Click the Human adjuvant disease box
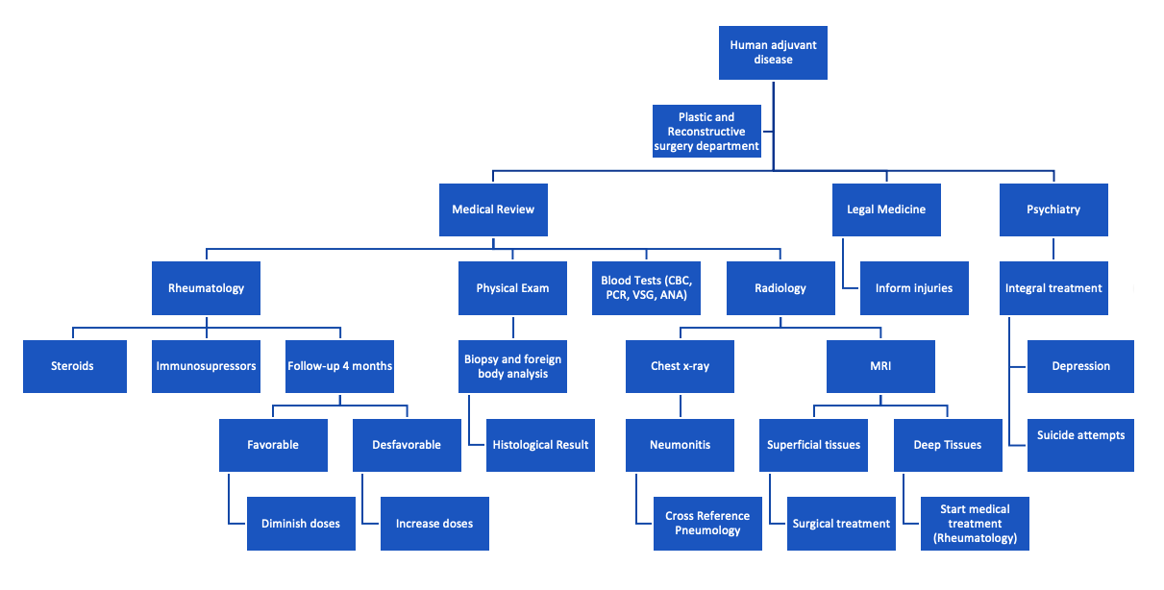click(x=773, y=53)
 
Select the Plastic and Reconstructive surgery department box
click(x=706, y=132)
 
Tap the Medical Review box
click(x=493, y=209)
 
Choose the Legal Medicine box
click(x=886, y=209)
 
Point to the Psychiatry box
click(x=1053, y=209)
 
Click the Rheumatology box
click(x=206, y=288)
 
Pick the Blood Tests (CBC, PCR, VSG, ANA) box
click(x=646, y=288)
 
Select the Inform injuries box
click(x=913, y=288)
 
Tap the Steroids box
click(x=73, y=366)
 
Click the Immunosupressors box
click(x=206, y=366)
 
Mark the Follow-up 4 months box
click(x=339, y=366)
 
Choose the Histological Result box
click(x=540, y=445)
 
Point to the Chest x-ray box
click(x=680, y=366)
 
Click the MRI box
click(x=879, y=366)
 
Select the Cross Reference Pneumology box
click(x=707, y=524)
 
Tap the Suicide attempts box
click(x=1080, y=435)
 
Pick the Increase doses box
click(x=434, y=524)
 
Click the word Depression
click(x=1080, y=366)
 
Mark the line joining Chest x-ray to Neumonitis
click(x=680, y=406)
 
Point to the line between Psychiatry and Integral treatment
click(x=1053, y=249)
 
